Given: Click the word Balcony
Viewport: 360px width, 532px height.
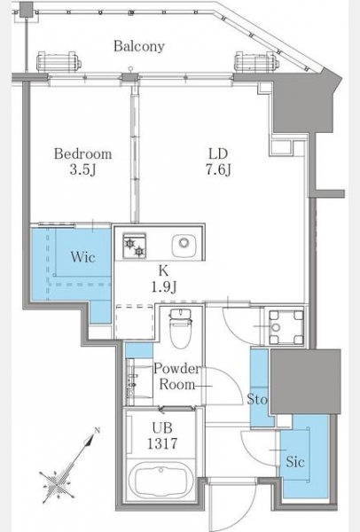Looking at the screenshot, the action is tap(139, 46).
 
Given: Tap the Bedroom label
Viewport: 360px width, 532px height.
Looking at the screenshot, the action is tap(82, 154).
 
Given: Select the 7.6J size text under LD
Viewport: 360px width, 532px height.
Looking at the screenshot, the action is tap(218, 169).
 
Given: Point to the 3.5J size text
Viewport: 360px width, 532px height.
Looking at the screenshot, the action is tap(82, 170).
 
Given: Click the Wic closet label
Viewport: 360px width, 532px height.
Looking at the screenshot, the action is tap(82, 257).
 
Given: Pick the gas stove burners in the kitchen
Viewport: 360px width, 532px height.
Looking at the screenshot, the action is tap(135, 246).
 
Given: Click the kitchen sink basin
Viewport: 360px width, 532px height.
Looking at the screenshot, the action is tap(184, 245).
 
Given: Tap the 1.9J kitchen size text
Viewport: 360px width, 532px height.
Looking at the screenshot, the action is tap(163, 287).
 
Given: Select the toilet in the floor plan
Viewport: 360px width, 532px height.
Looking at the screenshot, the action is tap(181, 328).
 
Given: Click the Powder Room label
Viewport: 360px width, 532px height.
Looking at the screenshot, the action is tap(177, 377).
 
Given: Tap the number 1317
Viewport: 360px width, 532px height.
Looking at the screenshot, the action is tap(162, 443).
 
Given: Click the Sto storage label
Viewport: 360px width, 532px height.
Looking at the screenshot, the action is tap(257, 399).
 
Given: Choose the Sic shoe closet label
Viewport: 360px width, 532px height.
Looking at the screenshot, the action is tap(295, 461).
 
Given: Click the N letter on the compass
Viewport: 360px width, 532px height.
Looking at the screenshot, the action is tap(98, 431).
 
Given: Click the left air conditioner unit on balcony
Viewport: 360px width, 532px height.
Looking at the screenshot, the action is tap(59, 62).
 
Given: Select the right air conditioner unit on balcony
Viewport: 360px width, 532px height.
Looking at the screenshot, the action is tap(257, 62).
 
